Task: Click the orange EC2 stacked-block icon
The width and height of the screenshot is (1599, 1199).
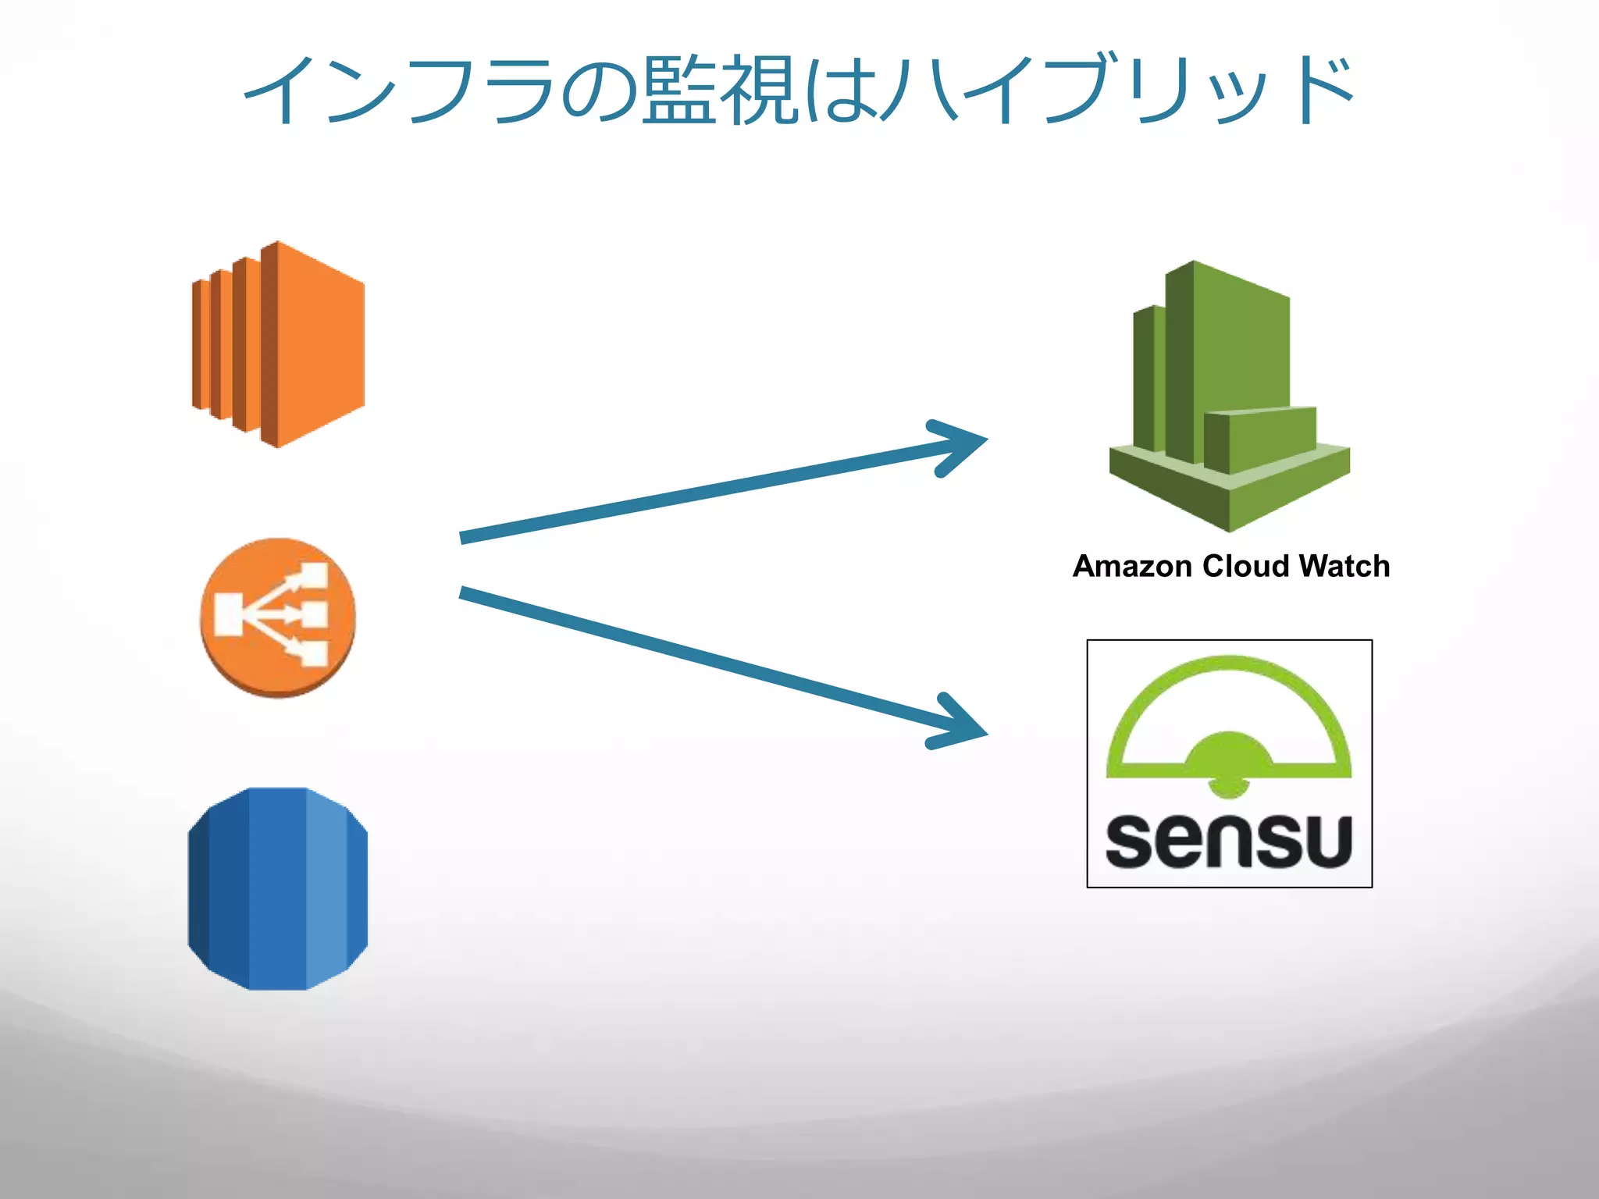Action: click(x=278, y=344)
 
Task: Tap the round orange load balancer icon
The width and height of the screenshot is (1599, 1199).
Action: click(x=278, y=617)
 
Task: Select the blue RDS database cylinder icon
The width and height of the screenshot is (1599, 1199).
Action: click(x=278, y=888)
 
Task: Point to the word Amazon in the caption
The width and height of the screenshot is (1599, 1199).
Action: click(x=1132, y=567)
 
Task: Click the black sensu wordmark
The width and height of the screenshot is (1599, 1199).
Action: click(x=1229, y=841)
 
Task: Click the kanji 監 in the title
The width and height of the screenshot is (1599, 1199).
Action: click(x=678, y=91)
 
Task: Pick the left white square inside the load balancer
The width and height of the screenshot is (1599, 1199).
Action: click(x=229, y=614)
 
